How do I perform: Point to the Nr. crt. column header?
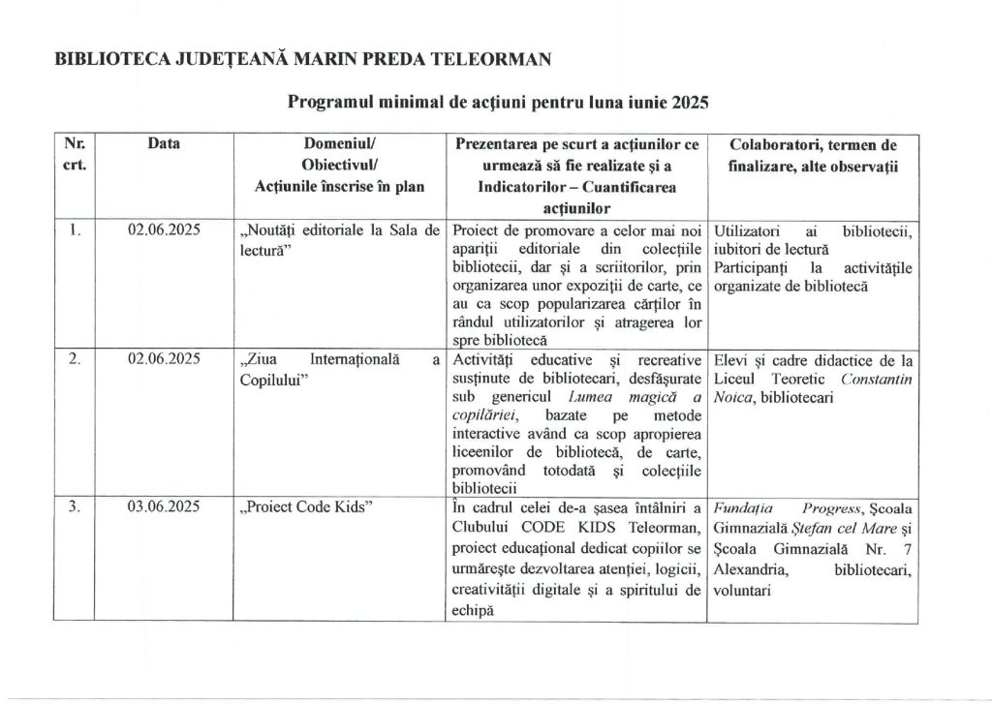pyautogui.click(x=75, y=155)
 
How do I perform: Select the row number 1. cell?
pyautogui.click(x=75, y=230)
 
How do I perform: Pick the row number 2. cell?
pyautogui.click(x=75, y=358)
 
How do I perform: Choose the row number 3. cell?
pyautogui.click(x=75, y=506)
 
